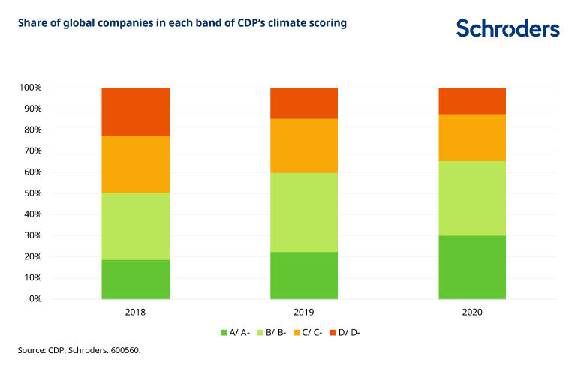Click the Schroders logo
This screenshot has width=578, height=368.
pos(507,28)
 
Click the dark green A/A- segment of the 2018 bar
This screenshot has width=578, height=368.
pos(136,279)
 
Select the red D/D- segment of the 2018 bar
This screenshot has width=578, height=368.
pos(136,112)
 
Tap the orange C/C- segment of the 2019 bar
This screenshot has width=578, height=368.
pos(304,145)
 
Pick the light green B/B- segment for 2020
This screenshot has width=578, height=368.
pos(472,198)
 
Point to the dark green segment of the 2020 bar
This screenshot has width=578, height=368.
pos(472,267)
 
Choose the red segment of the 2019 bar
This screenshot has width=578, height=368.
pos(304,103)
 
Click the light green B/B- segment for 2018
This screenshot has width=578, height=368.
pos(136,226)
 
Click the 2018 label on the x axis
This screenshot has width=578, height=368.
pos(136,311)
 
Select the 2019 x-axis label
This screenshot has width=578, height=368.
pos(304,311)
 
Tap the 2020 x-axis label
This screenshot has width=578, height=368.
pos(472,311)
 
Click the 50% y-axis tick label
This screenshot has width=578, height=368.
pos(32,193)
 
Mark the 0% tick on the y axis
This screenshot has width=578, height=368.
pos(35,299)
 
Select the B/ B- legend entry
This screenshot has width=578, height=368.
pos(275,332)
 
